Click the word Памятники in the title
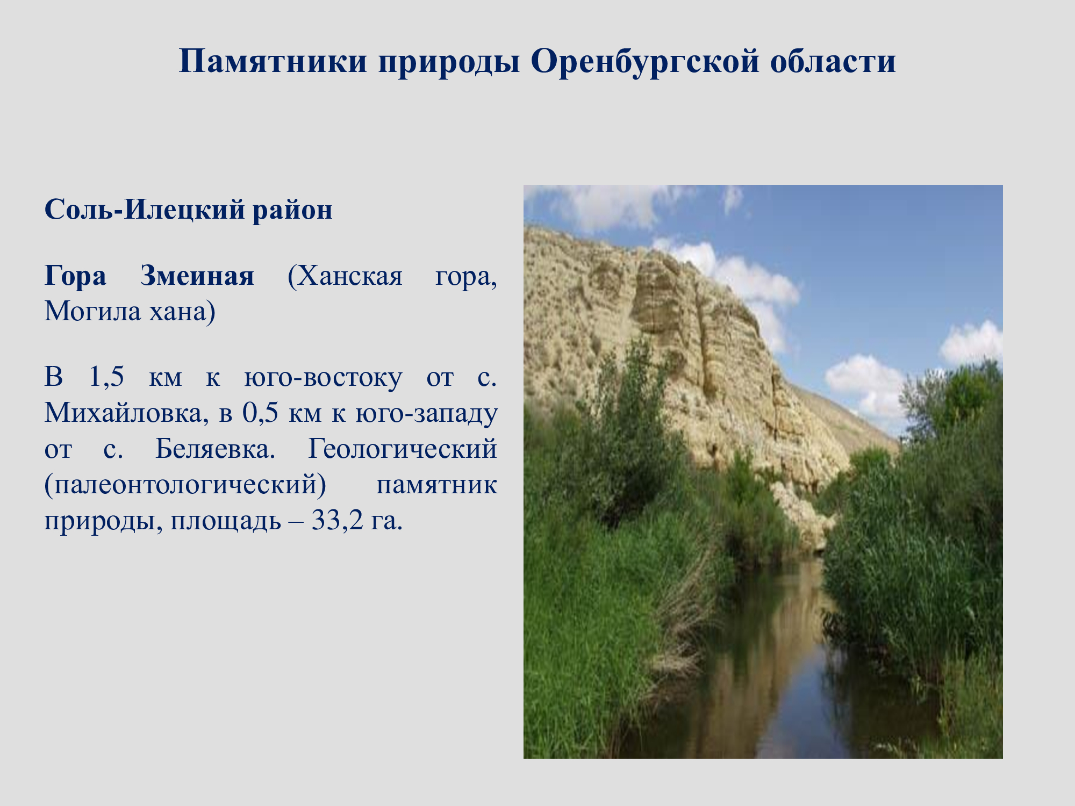(273, 61)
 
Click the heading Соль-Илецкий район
(188, 210)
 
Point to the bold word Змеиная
(197, 276)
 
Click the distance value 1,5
(106, 377)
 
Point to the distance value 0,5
(260, 413)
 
